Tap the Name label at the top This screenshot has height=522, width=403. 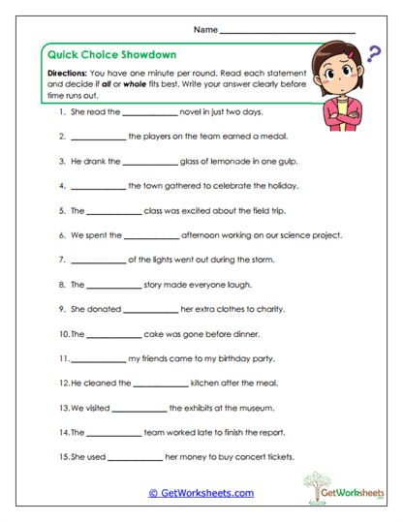[205, 30]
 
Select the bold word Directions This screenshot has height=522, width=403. [68, 74]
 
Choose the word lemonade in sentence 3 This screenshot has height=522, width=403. [234, 161]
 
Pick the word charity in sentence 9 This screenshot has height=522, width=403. [268, 310]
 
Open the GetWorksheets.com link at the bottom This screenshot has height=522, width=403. [201, 493]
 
